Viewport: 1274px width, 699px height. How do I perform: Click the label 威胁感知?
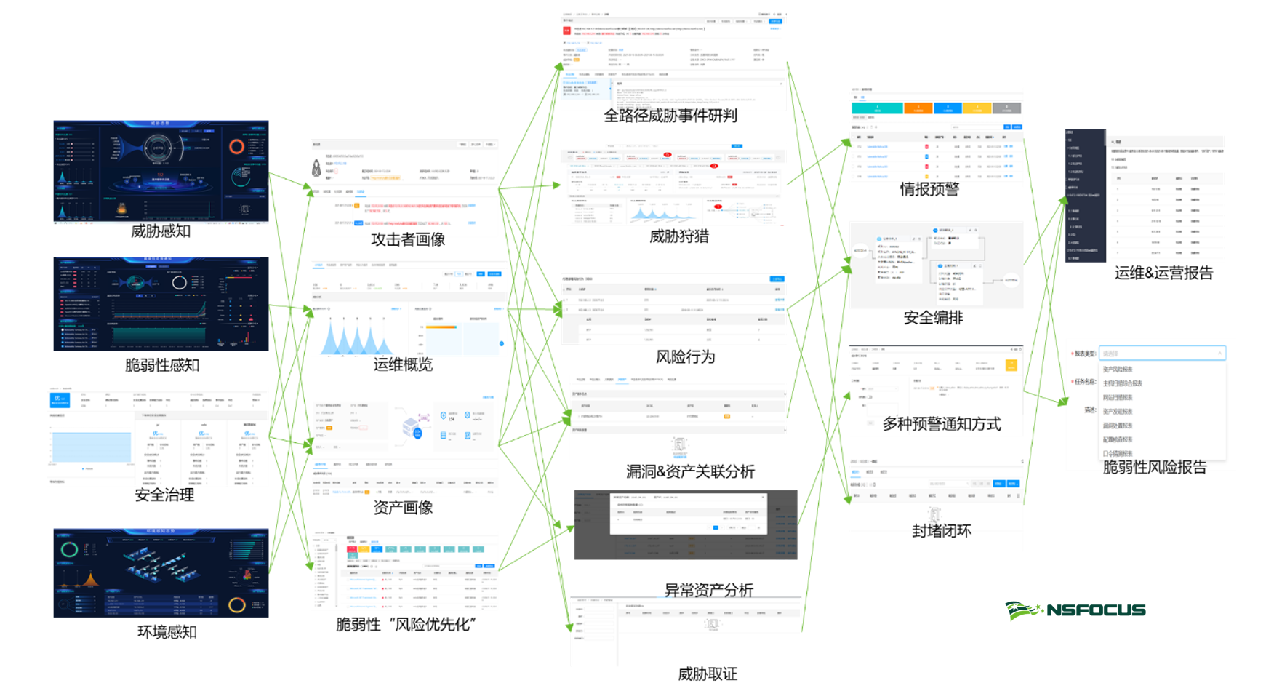tap(161, 231)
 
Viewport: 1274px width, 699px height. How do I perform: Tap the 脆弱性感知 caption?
tap(162, 365)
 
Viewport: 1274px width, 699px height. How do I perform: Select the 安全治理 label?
tap(164, 495)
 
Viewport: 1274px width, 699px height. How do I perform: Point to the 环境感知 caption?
tap(167, 632)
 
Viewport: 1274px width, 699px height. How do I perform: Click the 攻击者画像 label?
tap(408, 239)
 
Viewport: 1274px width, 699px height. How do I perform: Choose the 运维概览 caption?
tap(403, 364)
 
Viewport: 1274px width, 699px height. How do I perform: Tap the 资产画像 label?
tap(403, 508)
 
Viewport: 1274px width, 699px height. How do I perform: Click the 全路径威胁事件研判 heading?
tap(670, 116)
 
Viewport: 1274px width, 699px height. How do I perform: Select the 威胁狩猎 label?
tap(678, 236)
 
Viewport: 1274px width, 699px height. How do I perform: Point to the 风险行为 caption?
tap(685, 357)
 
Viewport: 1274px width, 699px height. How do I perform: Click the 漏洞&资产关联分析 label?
tap(690, 471)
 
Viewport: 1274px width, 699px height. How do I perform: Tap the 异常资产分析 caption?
tap(708, 590)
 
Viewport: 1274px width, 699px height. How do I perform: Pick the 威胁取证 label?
tap(708, 674)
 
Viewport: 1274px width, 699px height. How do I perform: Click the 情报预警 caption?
tap(929, 190)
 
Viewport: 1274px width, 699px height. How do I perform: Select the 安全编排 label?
tap(933, 318)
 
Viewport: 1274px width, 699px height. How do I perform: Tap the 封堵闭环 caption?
tap(942, 531)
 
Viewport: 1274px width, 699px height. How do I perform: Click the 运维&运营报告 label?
tap(1163, 273)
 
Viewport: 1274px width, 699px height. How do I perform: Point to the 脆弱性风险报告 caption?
tap(1155, 468)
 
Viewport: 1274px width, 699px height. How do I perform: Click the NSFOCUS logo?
tap(1075, 610)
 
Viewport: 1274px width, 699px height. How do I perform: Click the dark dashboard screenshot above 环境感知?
tap(161, 573)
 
